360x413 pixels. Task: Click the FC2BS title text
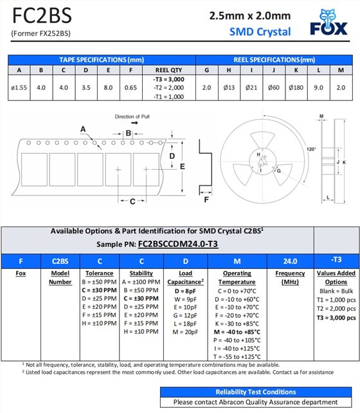(42, 16)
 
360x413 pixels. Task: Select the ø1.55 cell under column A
(19, 87)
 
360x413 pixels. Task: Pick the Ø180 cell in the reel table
(296, 87)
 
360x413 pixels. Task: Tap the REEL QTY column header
(168, 70)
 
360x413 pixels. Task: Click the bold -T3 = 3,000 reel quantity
(168, 79)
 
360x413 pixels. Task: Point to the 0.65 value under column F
(130, 87)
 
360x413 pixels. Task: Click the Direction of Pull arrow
(134, 123)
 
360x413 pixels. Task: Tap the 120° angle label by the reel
(311, 149)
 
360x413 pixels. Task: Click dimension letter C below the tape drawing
(132, 201)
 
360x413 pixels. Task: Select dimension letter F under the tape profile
(206, 199)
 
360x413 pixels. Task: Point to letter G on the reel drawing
(279, 170)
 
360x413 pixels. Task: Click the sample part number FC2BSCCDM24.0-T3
(178, 244)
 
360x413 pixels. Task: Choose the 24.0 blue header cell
(291, 261)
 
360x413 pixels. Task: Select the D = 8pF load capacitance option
(185, 291)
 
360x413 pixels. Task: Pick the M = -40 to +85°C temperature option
(237, 332)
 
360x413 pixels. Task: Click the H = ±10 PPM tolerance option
(99, 323)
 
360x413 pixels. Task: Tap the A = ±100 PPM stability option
(141, 282)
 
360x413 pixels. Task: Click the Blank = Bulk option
(336, 291)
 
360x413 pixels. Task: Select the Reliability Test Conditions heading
(256, 392)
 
